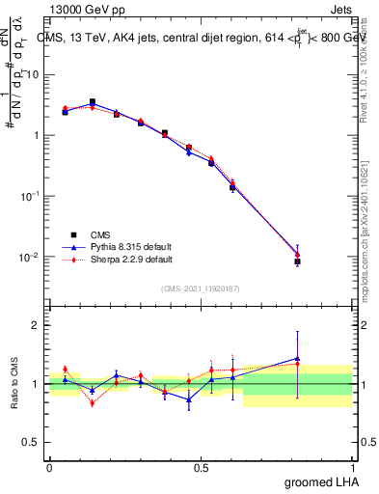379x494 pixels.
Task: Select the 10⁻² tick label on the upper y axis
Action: pyautogui.click(x=31, y=256)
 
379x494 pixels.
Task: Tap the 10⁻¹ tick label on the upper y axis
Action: pyautogui.click(x=31, y=195)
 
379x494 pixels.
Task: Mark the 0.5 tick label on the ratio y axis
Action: pyautogui.click(x=35, y=443)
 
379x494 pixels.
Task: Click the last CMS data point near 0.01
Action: pyautogui.click(x=297, y=261)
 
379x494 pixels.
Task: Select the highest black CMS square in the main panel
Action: pyautogui.click(x=93, y=102)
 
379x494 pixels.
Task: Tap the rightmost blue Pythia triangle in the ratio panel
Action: pyautogui.click(x=297, y=359)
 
